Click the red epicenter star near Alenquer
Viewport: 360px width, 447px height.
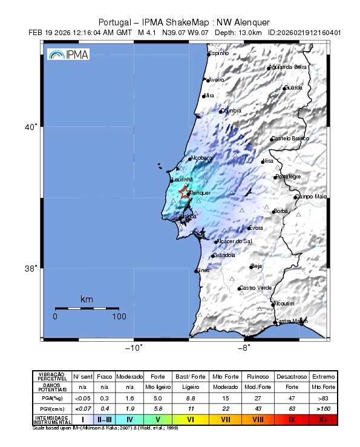(x=185, y=193)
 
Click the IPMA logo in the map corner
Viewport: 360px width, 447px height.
(x=68, y=54)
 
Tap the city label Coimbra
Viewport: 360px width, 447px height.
(x=231, y=111)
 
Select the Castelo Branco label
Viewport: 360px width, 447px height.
(x=290, y=139)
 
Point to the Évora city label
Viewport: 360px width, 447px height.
(x=255, y=228)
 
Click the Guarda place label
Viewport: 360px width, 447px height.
(x=293, y=88)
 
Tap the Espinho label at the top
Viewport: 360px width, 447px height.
(x=219, y=54)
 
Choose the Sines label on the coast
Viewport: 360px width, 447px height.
(x=203, y=270)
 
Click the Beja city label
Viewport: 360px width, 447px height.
(x=257, y=266)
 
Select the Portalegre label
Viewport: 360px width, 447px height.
(x=288, y=177)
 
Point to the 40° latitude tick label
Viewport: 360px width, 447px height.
(x=31, y=127)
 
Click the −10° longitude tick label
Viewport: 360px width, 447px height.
(x=133, y=347)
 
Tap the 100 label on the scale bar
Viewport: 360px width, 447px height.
(x=119, y=316)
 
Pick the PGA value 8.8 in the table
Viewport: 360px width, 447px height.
(x=189, y=398)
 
